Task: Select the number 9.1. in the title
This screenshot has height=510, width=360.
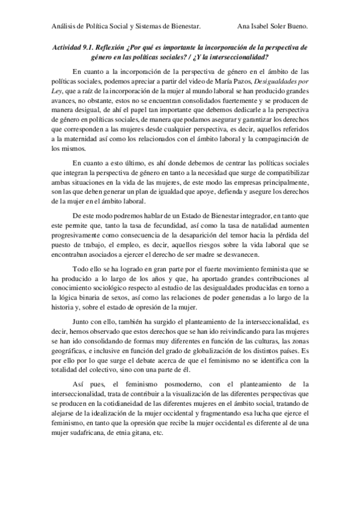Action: point(91,46)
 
